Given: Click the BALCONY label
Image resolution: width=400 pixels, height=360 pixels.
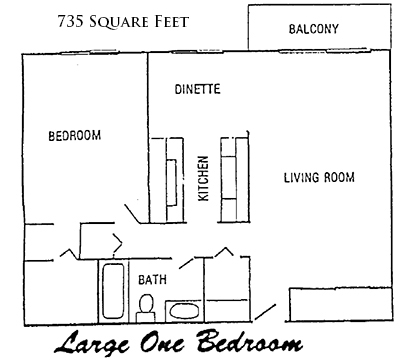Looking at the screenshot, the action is pos(313,29).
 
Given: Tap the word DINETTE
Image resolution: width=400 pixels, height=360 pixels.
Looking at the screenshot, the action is pos(197,89).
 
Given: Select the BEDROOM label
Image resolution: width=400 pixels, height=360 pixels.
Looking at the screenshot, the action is pos(75,136).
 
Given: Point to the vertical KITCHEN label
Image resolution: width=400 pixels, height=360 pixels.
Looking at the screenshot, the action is pos(203,178).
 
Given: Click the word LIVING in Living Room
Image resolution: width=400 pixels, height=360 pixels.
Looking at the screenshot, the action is pos(301,177).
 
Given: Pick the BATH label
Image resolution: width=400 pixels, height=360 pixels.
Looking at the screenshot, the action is pos(152,279).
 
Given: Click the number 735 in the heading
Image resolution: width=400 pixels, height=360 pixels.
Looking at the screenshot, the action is pos(69,22).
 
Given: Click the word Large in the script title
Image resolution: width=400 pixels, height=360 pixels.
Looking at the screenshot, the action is pos(92,342).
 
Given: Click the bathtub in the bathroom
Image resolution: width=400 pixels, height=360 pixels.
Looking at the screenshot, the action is pos(113,291).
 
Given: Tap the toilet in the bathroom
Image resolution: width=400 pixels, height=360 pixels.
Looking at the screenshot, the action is pos(146,308).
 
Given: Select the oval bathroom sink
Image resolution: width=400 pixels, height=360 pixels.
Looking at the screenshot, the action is pos(183,311).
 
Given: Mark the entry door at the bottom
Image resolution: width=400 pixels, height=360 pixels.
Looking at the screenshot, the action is pos(265,311).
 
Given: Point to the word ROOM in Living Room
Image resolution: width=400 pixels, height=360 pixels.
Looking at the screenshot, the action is pos(340,177).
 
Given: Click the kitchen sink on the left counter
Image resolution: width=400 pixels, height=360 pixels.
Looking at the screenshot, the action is pos(171,183).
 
